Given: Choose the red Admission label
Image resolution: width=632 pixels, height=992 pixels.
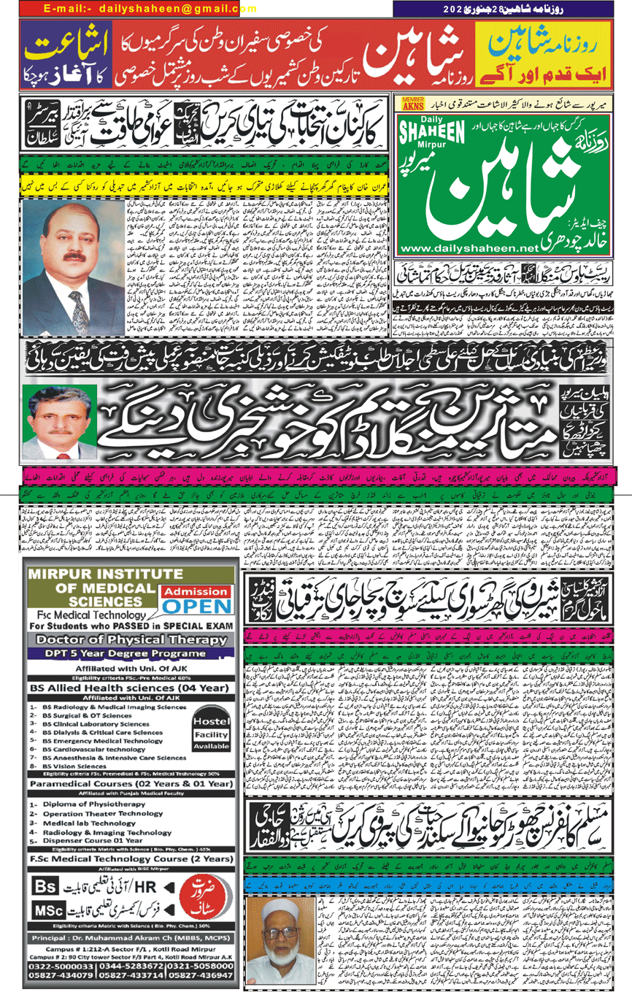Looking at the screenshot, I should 194,591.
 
